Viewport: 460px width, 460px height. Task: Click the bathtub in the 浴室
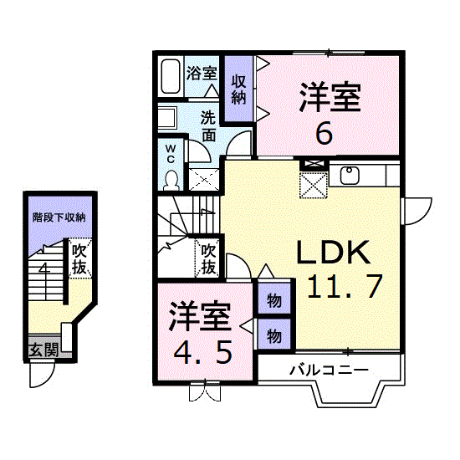pos(171,76)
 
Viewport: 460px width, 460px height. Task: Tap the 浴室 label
pos(202,73)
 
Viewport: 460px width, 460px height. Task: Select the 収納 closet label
pos(238,89)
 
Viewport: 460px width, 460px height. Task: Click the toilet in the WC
pos(171,181)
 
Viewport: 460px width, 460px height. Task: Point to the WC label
pos(171,155)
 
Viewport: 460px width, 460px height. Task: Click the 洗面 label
pos(208,127)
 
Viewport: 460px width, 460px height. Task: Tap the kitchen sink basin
pos(350,175)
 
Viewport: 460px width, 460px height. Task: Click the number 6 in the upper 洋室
pos(324,133)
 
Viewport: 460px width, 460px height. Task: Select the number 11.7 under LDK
pos(345,286)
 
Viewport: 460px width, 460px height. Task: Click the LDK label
pos(333,252)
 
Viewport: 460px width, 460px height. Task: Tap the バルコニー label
pos(329,371)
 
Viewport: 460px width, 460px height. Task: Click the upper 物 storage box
pos(274,299)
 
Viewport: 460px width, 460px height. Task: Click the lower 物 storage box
pos(274,335)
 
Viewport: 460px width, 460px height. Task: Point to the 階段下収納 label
pos(59,217)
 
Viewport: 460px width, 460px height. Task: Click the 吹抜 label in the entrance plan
pos(79,258)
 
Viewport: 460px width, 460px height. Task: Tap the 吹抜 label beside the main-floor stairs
pos(208,258)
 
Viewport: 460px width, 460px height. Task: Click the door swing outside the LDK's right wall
pos(417,212)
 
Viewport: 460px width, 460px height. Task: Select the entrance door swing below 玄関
pos(42,376)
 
